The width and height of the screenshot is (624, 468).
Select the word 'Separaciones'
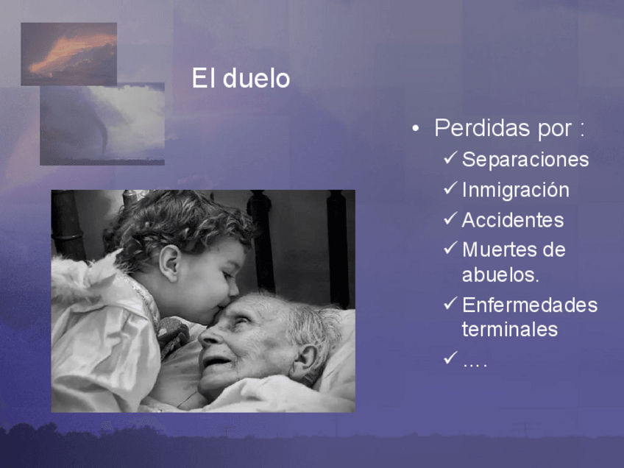click(x=525, y=160)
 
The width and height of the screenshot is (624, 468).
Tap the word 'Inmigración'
click(x=515, y=190)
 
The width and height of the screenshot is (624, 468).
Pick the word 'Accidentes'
click(x=513, y=220)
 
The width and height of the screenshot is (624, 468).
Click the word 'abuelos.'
click(x=500, y=274)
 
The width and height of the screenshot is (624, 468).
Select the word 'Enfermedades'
click(x=530, y=305)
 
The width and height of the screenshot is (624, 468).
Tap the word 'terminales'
click(x=510, y=330)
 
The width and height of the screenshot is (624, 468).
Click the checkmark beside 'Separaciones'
click(x=450, y=157)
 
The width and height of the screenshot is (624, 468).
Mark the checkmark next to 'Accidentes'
click(x=450, y=218)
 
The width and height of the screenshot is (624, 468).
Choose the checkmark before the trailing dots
click(x=450, y=358)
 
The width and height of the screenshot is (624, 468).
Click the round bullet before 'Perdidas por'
click(x=416, y=128)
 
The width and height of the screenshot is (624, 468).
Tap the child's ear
click(x=170, y=263)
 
